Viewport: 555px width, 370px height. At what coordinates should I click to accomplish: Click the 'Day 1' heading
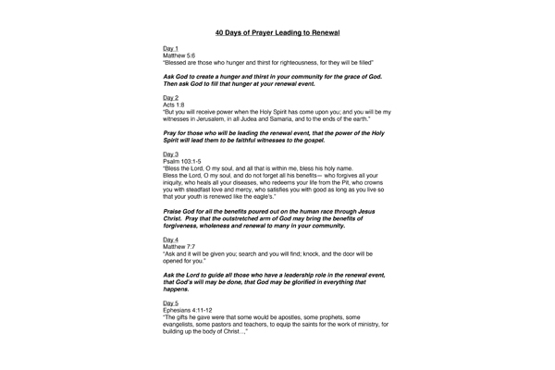(x=170, y=47)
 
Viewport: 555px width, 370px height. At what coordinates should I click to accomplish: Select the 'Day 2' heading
(x=170, y=96)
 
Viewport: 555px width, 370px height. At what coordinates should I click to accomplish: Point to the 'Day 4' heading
(x=170, y=240)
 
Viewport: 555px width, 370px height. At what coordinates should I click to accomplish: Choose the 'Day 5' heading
(x=170, y=302)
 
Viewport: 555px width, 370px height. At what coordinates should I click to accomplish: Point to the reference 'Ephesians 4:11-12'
(x=191, y=311)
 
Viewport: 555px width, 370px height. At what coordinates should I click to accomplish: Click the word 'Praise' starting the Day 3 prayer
(x=173, y=213)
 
